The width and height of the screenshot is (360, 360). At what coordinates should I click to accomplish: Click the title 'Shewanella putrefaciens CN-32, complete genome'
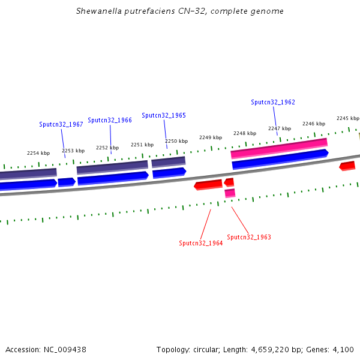click(180, 11)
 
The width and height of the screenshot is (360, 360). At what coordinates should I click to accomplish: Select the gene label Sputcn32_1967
click(61, 124)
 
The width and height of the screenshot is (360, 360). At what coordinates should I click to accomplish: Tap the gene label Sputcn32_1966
click(110, 120)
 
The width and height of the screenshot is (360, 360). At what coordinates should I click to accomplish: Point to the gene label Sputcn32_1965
click(164, 115)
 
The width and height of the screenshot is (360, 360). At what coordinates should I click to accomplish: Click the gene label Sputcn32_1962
click(273, 102)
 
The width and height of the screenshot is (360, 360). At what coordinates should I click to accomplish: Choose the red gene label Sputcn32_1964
click(201, 243)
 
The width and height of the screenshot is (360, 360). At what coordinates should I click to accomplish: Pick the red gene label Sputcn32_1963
click(249, 237)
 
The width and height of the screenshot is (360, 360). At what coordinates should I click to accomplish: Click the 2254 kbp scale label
click(38, 153)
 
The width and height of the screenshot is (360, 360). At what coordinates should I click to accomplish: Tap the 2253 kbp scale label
click(73, 151)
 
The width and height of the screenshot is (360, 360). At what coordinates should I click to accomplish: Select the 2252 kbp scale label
click(107, 147)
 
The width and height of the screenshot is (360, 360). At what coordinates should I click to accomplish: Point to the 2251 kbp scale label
click(142, 145)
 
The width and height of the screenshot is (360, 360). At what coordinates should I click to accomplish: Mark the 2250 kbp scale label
click(176, 141)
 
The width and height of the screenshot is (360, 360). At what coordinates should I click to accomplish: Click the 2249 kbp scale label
click(211, 137)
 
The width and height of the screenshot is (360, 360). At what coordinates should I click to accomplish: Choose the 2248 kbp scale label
click(245, 133)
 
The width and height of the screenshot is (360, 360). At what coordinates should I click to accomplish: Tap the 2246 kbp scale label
click(313, 124)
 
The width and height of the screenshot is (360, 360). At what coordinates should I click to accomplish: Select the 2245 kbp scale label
click(347, 118)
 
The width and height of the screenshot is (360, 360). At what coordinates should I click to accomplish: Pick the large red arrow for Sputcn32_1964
click(208, 184)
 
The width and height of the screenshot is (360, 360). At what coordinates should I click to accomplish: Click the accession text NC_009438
click(46, 349)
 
